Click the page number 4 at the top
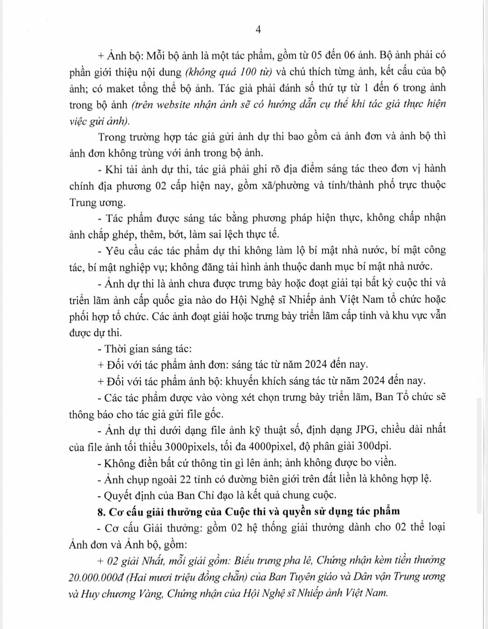coord(258,30)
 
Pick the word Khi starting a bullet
coord(114,169)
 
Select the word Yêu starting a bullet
coord(115,250)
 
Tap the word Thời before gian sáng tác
coord(116,348)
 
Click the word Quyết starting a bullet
coord(119,495)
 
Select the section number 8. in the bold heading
coord(102,512)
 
